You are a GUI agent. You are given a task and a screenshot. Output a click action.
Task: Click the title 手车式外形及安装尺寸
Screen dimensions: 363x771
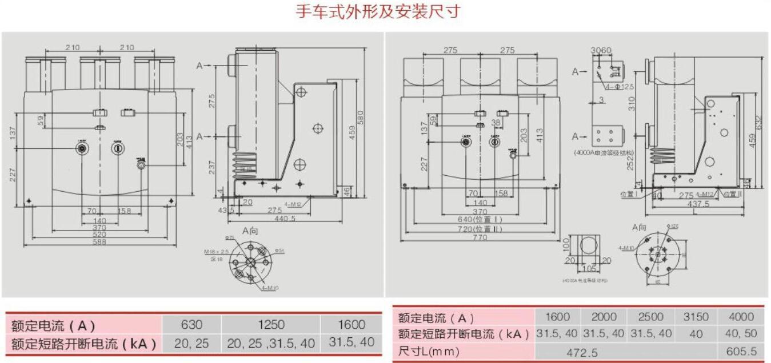tap(378, 12)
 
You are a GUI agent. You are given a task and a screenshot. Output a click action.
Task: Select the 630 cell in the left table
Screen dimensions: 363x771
tap(191, 325)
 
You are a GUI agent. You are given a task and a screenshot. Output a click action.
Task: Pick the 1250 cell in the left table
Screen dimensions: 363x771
tap(271, 325)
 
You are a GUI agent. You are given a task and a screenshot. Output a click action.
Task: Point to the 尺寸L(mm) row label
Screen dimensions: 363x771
tap(429, 352)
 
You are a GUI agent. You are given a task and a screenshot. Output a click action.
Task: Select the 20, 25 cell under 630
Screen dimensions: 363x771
tap(191, 343)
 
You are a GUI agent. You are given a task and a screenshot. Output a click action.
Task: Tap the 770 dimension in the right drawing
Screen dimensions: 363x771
tap(479, 237)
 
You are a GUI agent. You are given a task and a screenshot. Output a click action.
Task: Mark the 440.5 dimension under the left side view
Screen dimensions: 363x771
tap(285, 218)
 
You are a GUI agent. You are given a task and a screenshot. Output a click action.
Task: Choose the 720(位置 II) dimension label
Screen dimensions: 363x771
tap(479, 228)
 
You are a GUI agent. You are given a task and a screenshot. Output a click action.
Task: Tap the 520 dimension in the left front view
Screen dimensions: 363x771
tap(99, 234)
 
